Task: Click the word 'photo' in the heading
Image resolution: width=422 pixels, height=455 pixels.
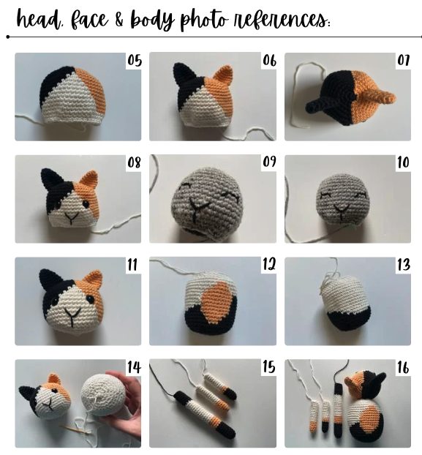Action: [x=203, y=20]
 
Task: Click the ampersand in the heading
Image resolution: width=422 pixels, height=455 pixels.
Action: [x=119, y=20]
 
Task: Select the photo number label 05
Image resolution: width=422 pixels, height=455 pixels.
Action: [x=135, y=61]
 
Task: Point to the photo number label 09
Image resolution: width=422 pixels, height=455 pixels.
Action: [x=269, y=162]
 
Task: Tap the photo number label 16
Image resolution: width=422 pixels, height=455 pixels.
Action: [x=404, y=367]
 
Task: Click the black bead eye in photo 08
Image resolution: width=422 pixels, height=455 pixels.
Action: [x=86, y=204]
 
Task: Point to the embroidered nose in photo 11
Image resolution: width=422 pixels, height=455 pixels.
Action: [x=72, y=316]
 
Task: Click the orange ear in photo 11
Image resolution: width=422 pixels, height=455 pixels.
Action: [x=94, y=279]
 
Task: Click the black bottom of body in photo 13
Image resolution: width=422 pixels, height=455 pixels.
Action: [x=349, y=319]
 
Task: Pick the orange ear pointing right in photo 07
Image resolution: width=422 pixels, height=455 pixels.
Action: [x=377, y=97]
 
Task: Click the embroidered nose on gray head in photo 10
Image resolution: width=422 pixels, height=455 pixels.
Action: [x=342, y=211]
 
